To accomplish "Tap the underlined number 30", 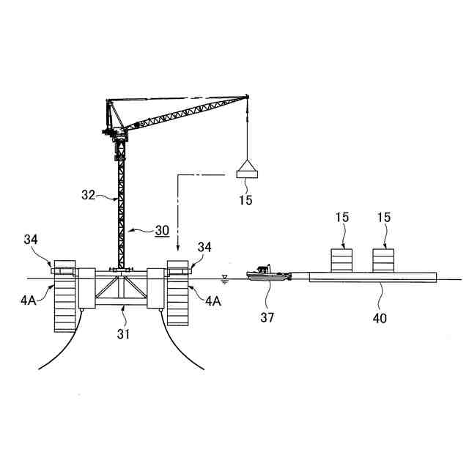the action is [161, 229].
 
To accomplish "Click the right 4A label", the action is [213, 300].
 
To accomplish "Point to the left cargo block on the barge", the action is [341, 260].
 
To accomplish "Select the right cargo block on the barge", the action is [384, 260].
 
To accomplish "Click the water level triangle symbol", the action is [225, 278].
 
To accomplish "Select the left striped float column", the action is [65, 293].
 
